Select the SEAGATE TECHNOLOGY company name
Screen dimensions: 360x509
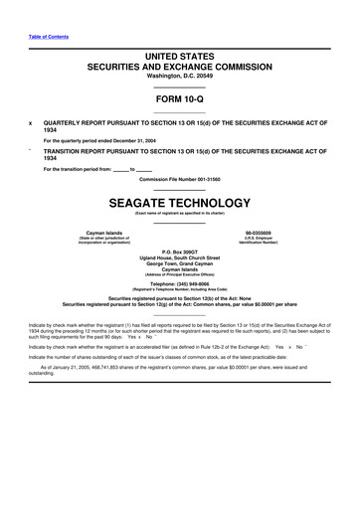[179, 202]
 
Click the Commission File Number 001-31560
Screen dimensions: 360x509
[179, 179]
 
